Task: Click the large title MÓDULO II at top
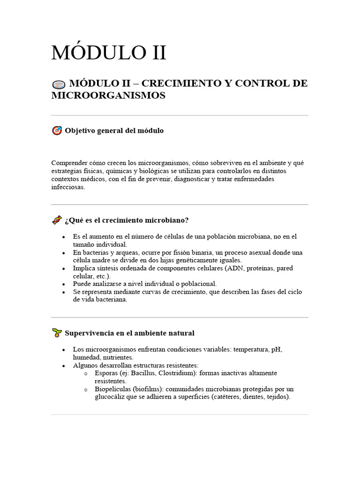click(x=108, y=52)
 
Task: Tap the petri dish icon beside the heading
click(x=58, y=85)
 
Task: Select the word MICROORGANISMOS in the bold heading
click(x=108, y=95)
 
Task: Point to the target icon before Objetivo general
click(x=57, y=131)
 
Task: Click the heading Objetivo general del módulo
click(x=114, y=131)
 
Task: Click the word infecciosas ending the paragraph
click(x=68, y=187)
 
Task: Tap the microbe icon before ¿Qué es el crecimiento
click(x=57, y=220)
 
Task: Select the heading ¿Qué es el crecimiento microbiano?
click(x=127, y=220)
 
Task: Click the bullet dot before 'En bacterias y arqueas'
click(x=63, y=253)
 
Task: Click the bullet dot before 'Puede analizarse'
click(x=63, y=284)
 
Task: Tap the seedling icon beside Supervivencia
click(x=57, y=333)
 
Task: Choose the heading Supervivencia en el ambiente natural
click(x=129, y=333)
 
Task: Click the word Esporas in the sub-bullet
click(x=106, y=373)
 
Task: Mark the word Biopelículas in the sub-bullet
click(x=112, y=389)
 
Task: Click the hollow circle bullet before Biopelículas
click(x=85, y=390)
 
